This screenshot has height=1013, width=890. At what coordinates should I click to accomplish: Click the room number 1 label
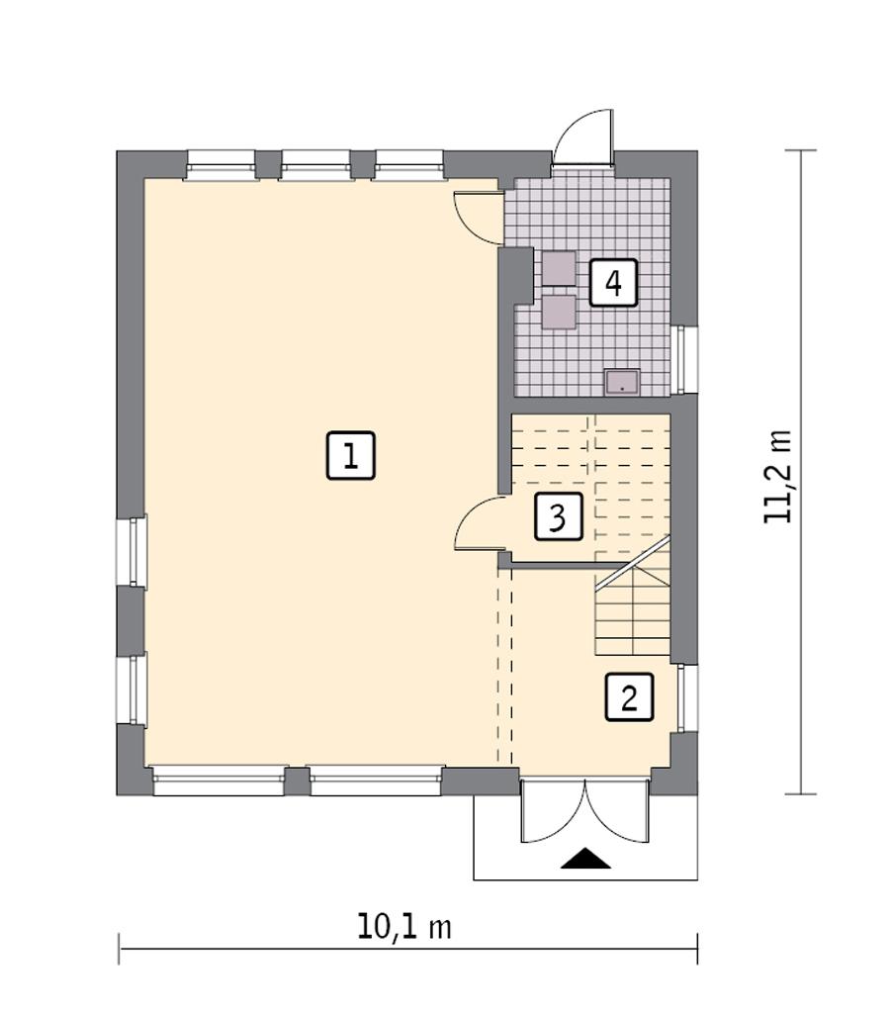351,456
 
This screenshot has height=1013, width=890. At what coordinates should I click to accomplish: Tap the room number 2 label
629,697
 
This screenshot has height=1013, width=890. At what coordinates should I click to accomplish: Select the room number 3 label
558,516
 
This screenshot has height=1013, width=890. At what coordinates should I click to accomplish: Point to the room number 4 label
613,284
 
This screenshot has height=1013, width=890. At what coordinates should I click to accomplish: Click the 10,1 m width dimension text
404,927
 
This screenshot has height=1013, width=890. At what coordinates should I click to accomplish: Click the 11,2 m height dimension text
778,477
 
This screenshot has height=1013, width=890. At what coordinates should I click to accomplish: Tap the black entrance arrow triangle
585,859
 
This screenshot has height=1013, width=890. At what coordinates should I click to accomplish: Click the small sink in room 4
622,382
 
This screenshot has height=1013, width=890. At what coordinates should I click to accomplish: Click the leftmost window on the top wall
221,165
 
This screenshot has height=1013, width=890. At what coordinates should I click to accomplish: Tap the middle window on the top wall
314,165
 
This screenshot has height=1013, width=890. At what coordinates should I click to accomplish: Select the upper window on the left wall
132,551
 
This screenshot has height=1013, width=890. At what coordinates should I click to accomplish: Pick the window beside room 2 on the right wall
685,697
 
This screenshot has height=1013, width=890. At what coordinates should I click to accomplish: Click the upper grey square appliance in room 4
558,268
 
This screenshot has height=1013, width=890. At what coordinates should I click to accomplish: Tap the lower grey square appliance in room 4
558,311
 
